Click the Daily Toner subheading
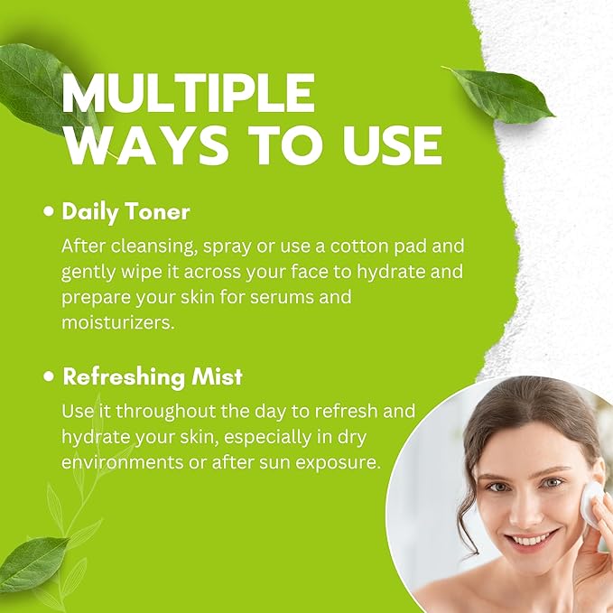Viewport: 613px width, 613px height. coord(125,212)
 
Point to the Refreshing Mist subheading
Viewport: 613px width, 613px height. coord(153,376)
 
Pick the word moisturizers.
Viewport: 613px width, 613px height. coord(117,322)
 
